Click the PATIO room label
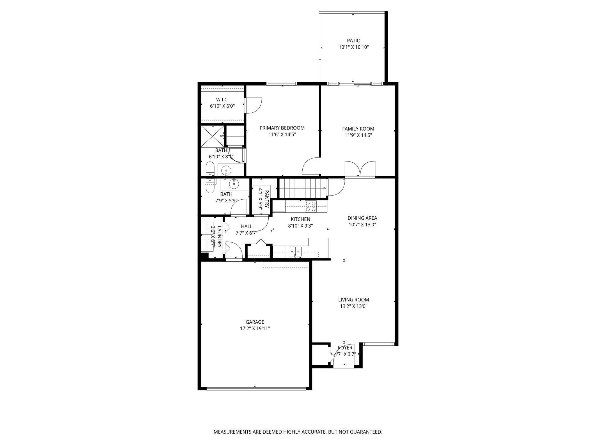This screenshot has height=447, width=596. coord(354,41)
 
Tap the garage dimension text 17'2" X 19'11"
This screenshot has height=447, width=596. coord(255,329)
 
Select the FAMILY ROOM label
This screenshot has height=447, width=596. coord(358,129)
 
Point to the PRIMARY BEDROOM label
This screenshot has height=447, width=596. coord(282,128)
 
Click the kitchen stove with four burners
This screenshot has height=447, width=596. coord(311,206)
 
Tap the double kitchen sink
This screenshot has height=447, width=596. coord(295,251)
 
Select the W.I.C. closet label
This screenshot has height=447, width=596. coord(222,100)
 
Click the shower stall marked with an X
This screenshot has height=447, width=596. coord(213,136)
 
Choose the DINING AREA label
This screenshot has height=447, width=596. coord(362,218)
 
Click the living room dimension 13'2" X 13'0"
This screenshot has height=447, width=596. coord(354,306)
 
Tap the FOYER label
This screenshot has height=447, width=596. coord(345,348)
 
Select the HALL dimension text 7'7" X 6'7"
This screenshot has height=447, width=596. coord(246,233)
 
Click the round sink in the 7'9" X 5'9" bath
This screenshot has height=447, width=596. coord(233,184)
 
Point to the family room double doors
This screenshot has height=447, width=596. coord(360,169)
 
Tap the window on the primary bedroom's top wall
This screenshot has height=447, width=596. coord(281,84)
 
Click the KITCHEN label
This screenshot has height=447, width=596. coord(300,219)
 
